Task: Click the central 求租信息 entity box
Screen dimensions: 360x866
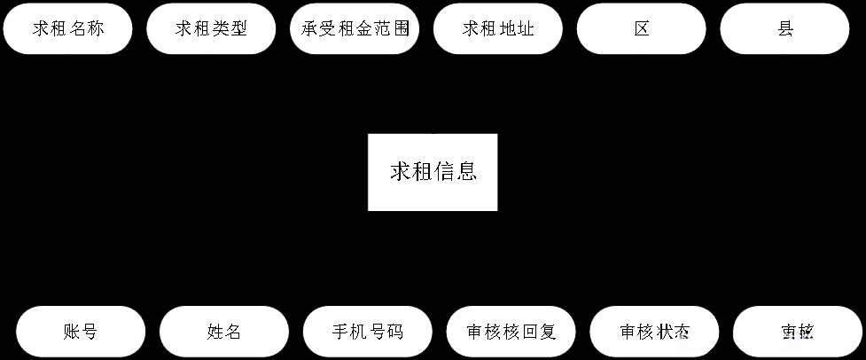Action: click(433, 172)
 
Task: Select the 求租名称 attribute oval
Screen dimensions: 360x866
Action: click(68, 28)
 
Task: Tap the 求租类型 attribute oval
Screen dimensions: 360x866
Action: click(211, 28)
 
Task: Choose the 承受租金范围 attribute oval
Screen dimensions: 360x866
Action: click(355, 28)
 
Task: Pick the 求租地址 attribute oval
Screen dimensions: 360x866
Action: click(498, 28)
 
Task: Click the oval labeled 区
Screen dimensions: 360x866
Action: click(642, 28)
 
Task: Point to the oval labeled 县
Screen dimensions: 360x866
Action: click(784, 28)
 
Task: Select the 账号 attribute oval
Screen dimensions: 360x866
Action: click(81, 333)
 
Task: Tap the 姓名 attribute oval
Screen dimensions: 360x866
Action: click(224, 333)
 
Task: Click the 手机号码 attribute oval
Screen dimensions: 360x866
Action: click(368, 333)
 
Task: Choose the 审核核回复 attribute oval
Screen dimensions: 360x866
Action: click(511, 333)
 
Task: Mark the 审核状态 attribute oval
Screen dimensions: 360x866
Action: click(655, 333)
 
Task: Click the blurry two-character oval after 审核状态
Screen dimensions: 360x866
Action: click(798, 333)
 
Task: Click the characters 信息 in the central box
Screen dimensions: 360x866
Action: click(456, 172)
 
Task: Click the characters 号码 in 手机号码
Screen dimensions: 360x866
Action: click(386, 333)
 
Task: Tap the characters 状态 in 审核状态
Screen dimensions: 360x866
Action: click(674, 333)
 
